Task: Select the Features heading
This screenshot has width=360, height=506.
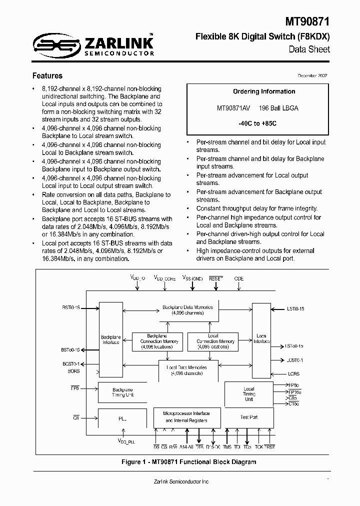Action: point(47,76)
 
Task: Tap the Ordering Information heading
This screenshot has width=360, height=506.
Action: point(264,91)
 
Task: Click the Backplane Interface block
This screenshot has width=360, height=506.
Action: point(110,339)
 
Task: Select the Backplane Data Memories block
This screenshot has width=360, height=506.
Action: point(188,310)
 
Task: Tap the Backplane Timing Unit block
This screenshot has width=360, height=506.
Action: point(122,392)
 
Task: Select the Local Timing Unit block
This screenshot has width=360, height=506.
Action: point(249,393)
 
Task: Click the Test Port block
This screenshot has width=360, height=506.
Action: point(249,417)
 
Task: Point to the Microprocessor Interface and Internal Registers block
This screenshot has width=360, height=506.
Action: point(186,417)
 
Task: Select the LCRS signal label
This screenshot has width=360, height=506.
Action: point(294,373)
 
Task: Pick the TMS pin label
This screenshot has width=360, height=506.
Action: point(226,446)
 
